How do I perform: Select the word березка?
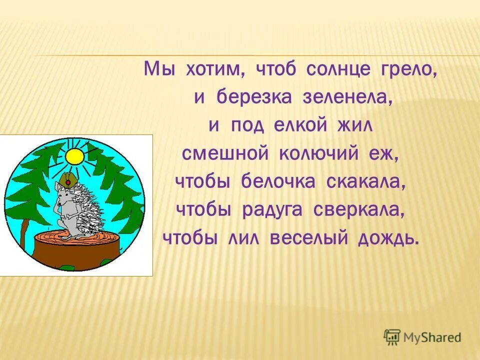point(254,97)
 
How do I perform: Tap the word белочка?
point(279,181)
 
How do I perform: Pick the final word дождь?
point(388,238)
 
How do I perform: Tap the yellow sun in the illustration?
point(75,156)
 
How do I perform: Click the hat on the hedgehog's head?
point(67,179)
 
